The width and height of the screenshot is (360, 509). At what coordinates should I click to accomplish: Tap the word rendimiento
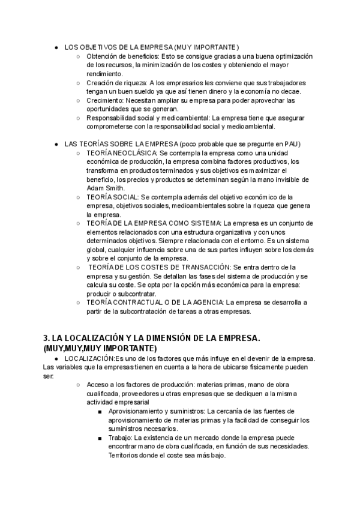tap(104, 74)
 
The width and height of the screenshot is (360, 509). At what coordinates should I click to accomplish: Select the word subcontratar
tap(136, 294)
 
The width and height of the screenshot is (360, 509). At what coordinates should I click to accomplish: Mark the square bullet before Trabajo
tap(101, 438)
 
